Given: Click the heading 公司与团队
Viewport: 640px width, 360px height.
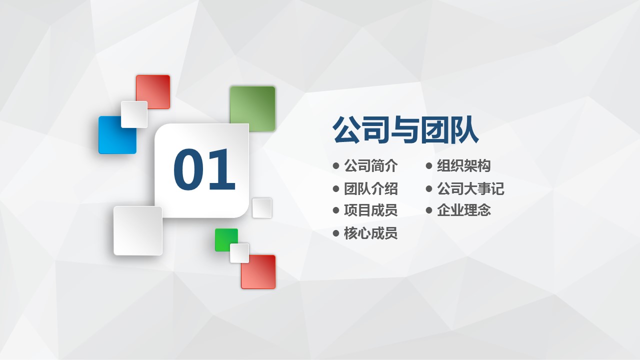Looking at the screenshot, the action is (x=405, y=129).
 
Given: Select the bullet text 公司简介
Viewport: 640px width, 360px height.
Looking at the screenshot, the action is (x=371, y=165).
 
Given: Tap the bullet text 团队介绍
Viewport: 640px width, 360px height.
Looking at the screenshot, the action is (x=371, y=188).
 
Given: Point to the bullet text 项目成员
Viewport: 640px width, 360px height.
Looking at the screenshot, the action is (x=371, y=210).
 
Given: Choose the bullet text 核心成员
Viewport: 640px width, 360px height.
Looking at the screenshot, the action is (x=371, y=233).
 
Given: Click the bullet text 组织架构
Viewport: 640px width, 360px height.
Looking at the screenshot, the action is (x=463, y=165).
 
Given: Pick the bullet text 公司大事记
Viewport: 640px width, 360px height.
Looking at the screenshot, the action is (x=470, y=188).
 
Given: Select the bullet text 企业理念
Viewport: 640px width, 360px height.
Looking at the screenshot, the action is (x=463, y=210).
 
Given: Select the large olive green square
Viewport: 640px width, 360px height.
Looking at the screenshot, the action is (x=252, y=108).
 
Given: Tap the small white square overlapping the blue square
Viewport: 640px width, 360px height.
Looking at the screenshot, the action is (x=134, y=114).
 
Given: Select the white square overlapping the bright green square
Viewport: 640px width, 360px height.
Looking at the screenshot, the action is (x=239, y=253).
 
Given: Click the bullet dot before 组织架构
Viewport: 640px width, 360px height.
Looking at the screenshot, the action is (x=429, y=165).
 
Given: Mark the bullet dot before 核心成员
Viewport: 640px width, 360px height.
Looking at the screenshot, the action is (x=336, y=233).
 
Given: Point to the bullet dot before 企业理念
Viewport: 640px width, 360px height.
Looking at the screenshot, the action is (x=429, y=210).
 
